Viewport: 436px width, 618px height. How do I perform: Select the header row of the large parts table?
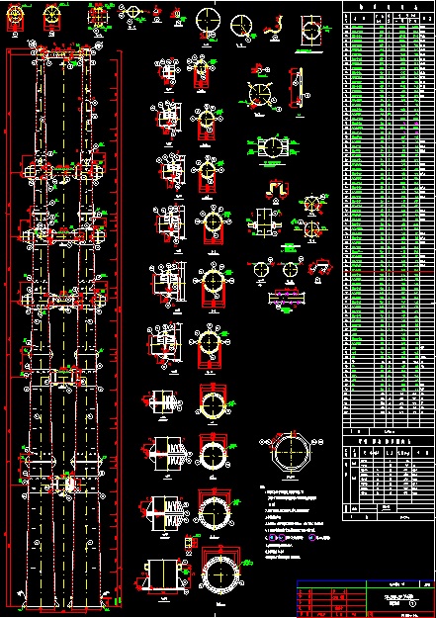coord(388,8)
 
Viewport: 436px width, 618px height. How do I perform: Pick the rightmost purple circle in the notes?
coord(313,538)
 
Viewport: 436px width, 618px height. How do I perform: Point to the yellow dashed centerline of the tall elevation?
coord(64,297)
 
